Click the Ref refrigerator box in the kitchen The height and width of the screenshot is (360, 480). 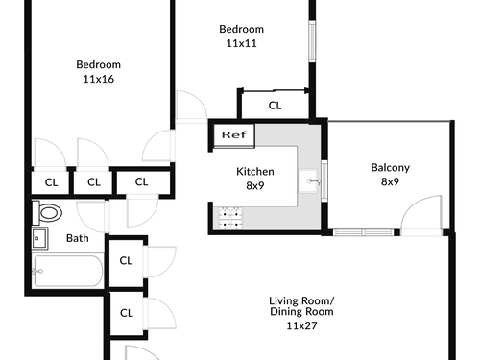tap(234, 135)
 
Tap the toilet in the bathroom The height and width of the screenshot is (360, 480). tap(47, 213)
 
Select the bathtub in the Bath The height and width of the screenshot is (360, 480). tap(67, 271)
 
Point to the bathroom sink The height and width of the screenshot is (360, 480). tap(40, 238)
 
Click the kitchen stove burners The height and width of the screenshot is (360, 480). tap(230, 218)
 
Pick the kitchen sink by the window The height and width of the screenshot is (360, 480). tap(309, 181)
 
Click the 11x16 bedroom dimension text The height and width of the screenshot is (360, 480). tap(99, 79)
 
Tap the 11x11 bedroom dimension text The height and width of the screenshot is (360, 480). tap(242, 43)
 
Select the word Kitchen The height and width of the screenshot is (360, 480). tap(255, 172)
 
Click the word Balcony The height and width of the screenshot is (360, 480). tap(391, 168)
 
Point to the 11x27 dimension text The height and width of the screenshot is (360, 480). tap(301, 325)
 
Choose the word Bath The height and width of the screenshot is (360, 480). tap(78, 238)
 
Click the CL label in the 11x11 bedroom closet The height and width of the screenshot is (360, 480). tap(275, 106)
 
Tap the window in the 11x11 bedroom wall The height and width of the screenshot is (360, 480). tap(312, 41)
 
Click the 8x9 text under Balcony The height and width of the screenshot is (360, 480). tap(390, 181)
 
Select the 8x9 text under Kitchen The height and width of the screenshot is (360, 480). tap(255, 185)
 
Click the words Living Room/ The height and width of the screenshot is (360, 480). tap(301, 300)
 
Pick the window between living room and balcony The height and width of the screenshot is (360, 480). tap(363, 232)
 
